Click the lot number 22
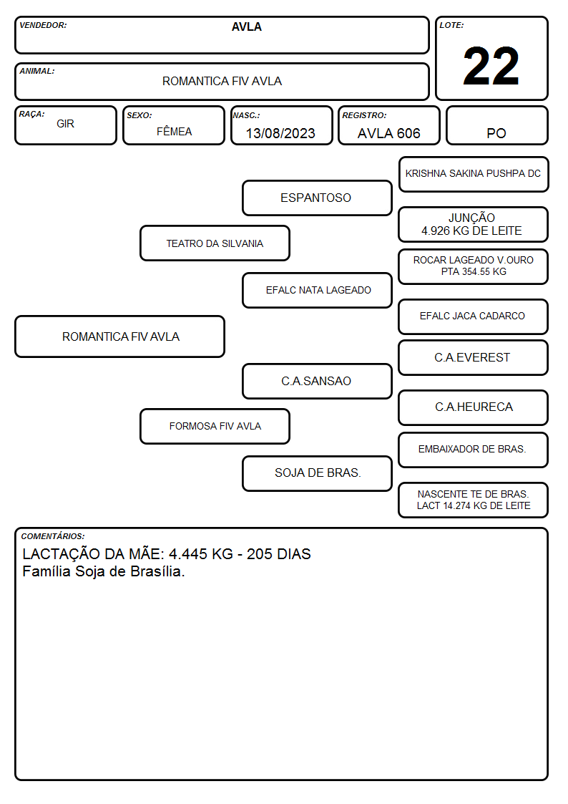pyautogui.click(x=491, y=66)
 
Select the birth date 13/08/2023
pyautogui.click(x=280, y=133)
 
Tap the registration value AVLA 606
pyautogui.click(x=388, y=133)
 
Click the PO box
pyautogui.click(x=496, y=125)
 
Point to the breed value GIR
pyautogui.click(x=66, y=124)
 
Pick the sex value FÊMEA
pyautogui.click(x=174, y=131)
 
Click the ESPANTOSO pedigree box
pyautogui.click(x=317, y=198)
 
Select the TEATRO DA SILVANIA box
pyautogui.click(x=215, y=243)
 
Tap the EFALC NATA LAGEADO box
pyautogui.click(x=317, y=290)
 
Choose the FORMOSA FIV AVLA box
pyautogui.click(x=215, y=426)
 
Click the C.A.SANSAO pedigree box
pyautogui.click(x=317, y=381)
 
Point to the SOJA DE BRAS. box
pyautogui.click(x=317, y=473)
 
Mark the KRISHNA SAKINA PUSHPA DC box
pyautogui.click(x=474, y=175)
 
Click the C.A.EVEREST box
pyautogui.click(x=474, y=357)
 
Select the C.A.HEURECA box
pyautogui.click(x=474, y=407)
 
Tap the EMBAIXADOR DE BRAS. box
pyautogui.click(x=474, y=450)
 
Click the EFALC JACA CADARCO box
pyautogui.click(x=474, y=316)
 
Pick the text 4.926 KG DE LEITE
pyautogui.click(x=471, y=231)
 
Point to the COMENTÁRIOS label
pyautogui.click(x=53, y=536)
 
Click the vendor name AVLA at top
pyautogui.click(x=246, y=26)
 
